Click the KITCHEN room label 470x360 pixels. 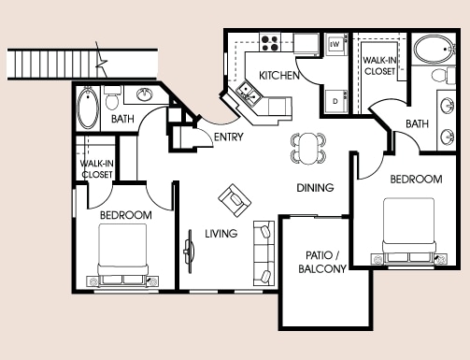coord(279,76)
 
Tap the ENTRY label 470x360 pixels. coord(229,137)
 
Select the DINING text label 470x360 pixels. coord(315,188)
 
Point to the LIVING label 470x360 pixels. coord(221,234)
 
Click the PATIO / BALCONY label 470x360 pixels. coord(322,262)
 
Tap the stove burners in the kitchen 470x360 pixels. coord(270,43)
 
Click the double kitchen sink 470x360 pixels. coord(249,94)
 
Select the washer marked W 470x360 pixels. coord(336,45)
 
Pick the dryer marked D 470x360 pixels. coord(336,101)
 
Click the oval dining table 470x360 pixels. coord(308,149)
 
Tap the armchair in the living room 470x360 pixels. coord(235,200)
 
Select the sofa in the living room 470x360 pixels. coord(263,253)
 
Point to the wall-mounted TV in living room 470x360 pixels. coord(189,252)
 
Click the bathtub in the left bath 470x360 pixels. coord(88,108)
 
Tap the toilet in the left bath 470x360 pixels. coord(112,97)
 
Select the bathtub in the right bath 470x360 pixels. coord(434,50)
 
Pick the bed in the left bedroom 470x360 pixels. coord(122,254)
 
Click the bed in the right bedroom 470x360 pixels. coord(409,230)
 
